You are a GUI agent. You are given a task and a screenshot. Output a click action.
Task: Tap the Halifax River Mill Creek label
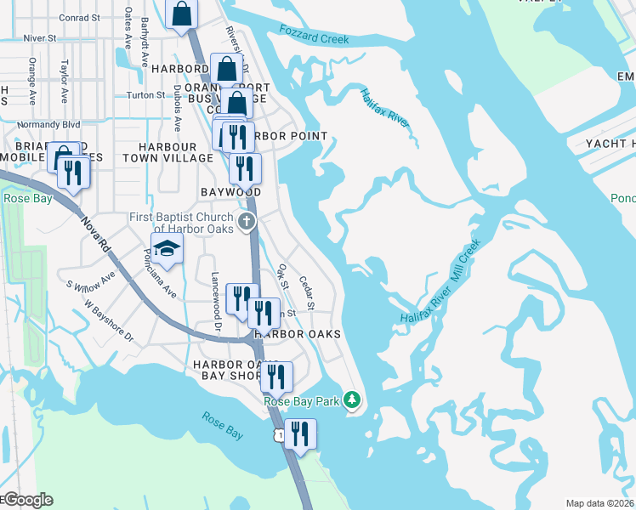(441, 281)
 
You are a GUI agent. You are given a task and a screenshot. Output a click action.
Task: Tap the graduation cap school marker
(168, 249)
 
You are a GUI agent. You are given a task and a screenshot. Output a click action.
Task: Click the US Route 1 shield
(278, 434)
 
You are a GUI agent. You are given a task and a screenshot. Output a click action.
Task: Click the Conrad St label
(80, 17)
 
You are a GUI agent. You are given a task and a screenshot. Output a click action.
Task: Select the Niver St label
(40, 38)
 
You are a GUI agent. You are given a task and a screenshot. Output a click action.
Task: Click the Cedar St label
(308, 293)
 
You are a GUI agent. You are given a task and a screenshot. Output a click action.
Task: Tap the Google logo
(27, 500)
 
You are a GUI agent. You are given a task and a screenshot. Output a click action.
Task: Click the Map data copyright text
(600, 503)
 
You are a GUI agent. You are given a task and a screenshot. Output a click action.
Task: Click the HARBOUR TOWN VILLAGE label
(168, 152)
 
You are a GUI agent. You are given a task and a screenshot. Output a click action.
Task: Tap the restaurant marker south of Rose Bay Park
(299, 433)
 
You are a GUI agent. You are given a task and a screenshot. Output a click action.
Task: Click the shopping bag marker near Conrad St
(182, 14)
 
